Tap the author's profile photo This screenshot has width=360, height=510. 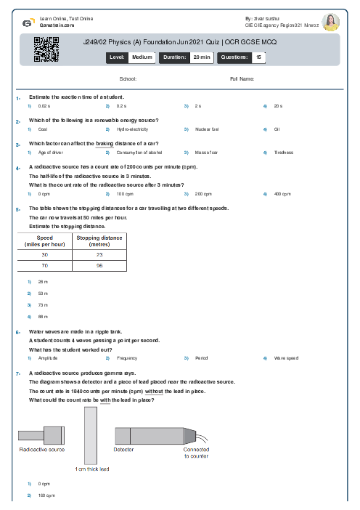coord(330,23)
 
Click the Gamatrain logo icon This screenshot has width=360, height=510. coord(27,23)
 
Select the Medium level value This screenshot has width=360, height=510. coord(142,56)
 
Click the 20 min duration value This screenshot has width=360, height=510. coord(201,56)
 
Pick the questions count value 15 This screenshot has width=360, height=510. coord(258,56)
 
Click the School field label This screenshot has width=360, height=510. coord(128,78)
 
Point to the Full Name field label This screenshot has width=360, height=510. coord(242,78)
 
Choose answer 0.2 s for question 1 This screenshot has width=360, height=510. coord(121,106)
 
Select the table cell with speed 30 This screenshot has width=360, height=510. coord(44,255)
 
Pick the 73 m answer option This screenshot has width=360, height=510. coord(43,305)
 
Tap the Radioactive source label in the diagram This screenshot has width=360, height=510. coord(41,450)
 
